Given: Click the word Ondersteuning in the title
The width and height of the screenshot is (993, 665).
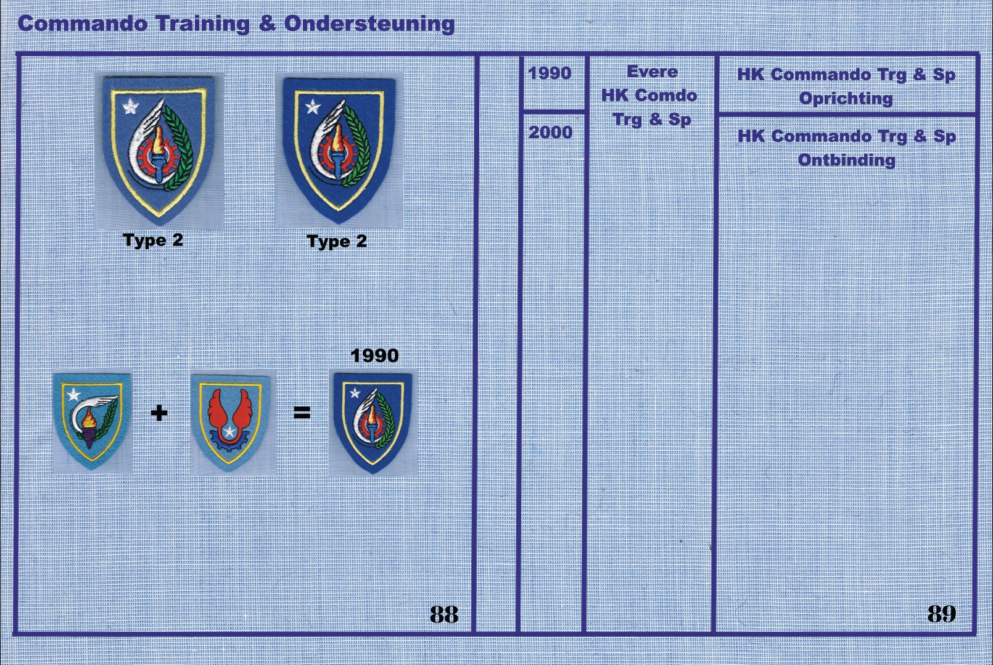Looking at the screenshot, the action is click(369, 24).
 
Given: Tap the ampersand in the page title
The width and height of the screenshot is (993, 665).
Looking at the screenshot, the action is click(267, 23).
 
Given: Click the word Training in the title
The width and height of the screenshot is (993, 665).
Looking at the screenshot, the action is click(203, 25).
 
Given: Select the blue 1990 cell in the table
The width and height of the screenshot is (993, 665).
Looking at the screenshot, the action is click(550, 73).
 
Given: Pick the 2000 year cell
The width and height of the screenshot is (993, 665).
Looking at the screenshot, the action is click(551, 132).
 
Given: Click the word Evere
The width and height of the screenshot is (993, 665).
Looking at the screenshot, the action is click(652, 72).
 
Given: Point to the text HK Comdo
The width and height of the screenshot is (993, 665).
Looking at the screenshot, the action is click(649, 96).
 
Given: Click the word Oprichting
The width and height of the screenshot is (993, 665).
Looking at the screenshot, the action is click(846, 99).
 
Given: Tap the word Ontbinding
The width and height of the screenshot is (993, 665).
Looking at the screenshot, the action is click(847, 160).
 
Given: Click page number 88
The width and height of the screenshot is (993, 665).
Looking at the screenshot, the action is click(444, 614).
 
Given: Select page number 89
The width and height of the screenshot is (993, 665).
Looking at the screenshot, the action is click(942, 614).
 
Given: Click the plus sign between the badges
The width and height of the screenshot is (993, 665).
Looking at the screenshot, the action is click(159, 413).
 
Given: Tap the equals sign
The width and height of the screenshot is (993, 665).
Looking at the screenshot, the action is click(302, 413).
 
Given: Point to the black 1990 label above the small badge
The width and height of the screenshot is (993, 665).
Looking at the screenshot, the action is click(374, 355).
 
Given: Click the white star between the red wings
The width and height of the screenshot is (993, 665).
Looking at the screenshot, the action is click(229, 431).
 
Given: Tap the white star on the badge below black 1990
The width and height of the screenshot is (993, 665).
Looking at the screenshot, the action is click(355, 393).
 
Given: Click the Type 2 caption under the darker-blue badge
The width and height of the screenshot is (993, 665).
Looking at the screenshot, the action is click(337, 242).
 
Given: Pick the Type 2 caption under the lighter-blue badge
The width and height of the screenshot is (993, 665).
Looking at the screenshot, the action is click(153, 241).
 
